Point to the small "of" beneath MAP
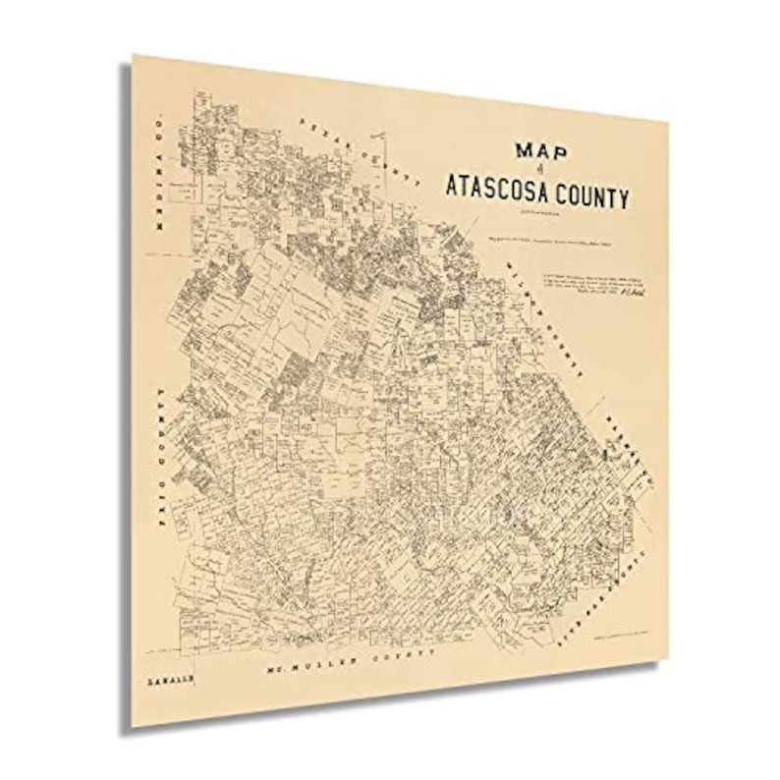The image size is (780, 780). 540,171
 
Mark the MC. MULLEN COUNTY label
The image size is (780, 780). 352,663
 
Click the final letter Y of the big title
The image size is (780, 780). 623,199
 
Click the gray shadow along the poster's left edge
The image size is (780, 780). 126,393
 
